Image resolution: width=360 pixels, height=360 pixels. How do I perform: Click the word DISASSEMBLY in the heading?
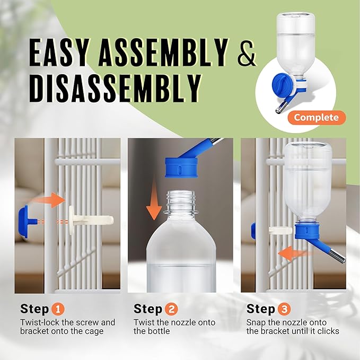pyautogui.click(x=115, y=90)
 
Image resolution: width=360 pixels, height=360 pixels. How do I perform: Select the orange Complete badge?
pyautogui.click(x=317, y=117)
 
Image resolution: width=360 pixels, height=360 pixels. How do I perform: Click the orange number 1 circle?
pyautogui.click(x=58, y=309)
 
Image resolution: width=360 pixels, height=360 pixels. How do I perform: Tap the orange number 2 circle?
pyautogui.click(x=171, y=309)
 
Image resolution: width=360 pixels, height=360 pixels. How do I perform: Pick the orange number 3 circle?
pyautogui.click(x=284, y=309)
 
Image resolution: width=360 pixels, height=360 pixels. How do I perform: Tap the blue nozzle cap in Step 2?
pyautogui.click(x=183, y=166)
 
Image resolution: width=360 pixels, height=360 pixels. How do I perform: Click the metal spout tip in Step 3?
pyautogui.click(x=340, y=258)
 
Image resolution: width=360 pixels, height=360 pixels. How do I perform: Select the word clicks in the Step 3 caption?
pyautogui.click(x=327, y=331)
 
